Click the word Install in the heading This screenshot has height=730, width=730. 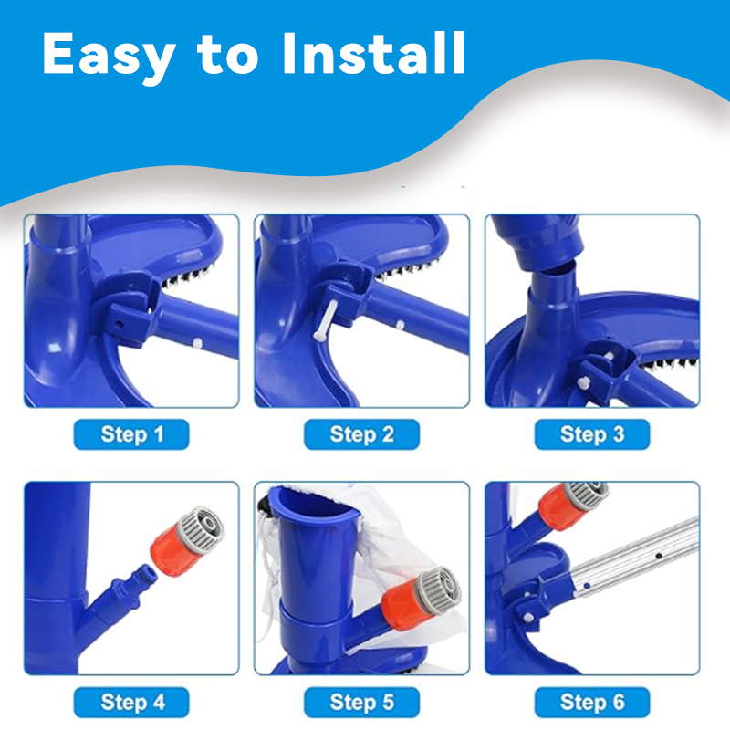click(373, 53)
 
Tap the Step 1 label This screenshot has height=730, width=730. click(131, 434)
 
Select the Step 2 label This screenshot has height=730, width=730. click(361, 434)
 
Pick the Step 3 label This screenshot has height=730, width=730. click(592, 434)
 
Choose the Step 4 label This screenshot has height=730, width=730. click(131, 702)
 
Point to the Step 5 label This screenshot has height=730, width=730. click(361, 702)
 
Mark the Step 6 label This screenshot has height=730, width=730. click(592, 702)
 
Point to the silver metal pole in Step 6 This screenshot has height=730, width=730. click(635, 557)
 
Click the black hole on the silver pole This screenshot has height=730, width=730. click(659, 556)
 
